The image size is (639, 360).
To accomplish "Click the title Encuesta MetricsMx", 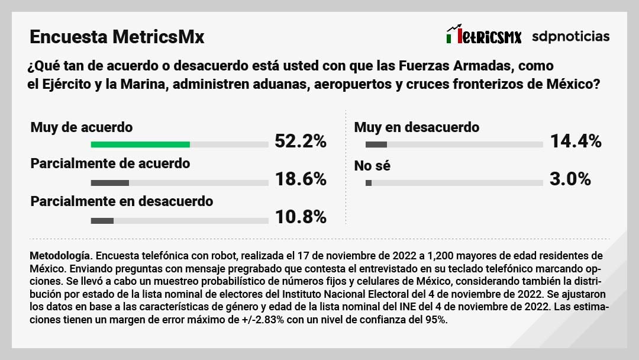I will [117, 37].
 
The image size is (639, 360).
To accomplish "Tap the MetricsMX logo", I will [483, 35].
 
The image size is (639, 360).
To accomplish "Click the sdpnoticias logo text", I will [570, 36].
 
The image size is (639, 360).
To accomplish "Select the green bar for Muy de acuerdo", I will [140, 144].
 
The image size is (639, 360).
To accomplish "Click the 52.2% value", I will [301, 142].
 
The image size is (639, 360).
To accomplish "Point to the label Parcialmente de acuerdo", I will [110, 163].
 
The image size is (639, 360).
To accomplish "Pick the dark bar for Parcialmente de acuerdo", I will [110, 182].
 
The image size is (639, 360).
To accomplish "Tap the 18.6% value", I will [301, 179].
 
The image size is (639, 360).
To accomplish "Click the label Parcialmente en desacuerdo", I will [121, 201].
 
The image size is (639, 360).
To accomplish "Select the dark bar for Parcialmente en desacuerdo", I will [102, 220].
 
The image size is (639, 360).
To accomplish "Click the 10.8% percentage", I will [301, 217].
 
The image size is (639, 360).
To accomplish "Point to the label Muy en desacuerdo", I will [417, 127].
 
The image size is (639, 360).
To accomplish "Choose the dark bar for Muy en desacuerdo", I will [376, 144].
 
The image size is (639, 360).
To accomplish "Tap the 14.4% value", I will [576, 142].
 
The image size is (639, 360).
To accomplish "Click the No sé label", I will [372, 166].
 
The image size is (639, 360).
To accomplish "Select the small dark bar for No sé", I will [369, 183].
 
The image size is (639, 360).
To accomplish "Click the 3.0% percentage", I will [570, 179].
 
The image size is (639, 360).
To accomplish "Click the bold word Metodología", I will [59, 256].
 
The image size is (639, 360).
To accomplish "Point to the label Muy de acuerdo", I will [82, 127].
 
